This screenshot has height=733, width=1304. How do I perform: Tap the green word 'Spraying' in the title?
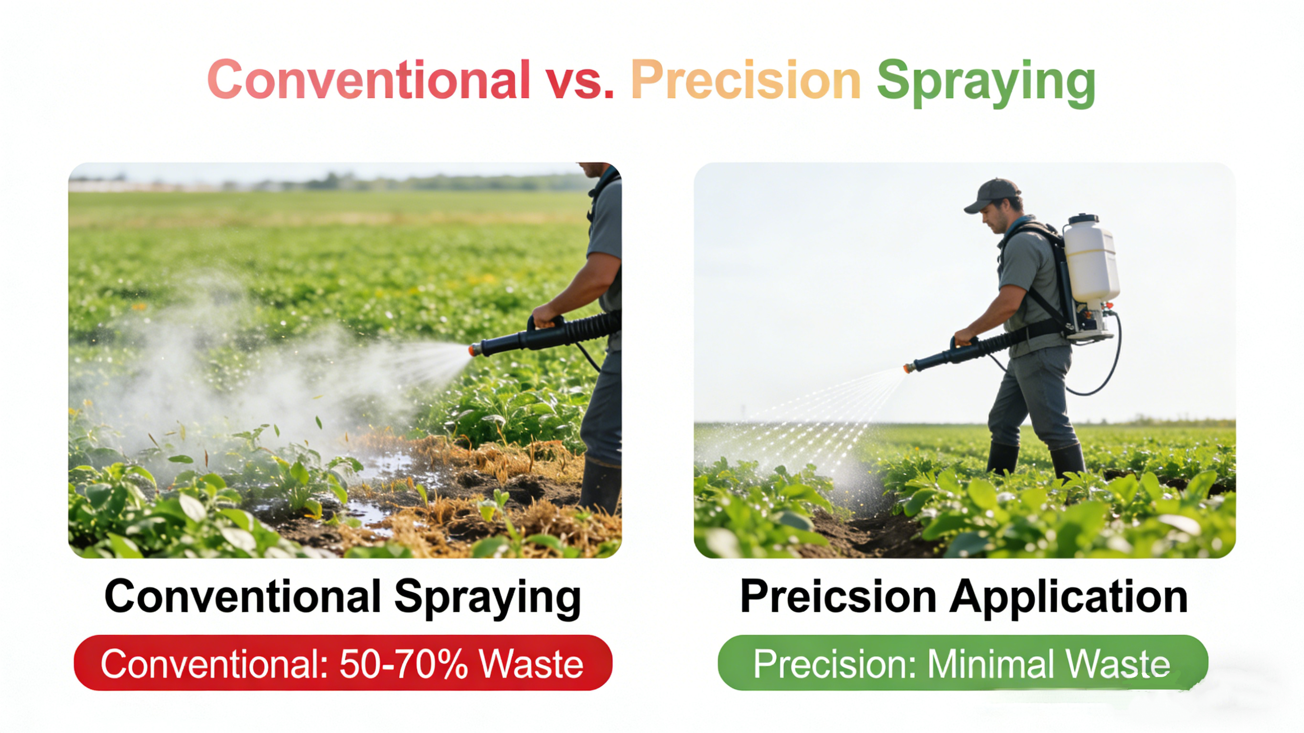click(986, 83)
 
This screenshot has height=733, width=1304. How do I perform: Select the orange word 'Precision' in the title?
click(746, 79)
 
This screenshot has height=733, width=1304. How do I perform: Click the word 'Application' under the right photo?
click(1069, 598)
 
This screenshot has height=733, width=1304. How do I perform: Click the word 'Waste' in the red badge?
click(532, 664)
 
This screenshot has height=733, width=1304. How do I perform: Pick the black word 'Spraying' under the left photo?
click(488, 598)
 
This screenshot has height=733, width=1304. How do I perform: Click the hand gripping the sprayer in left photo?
click(545, 315)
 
